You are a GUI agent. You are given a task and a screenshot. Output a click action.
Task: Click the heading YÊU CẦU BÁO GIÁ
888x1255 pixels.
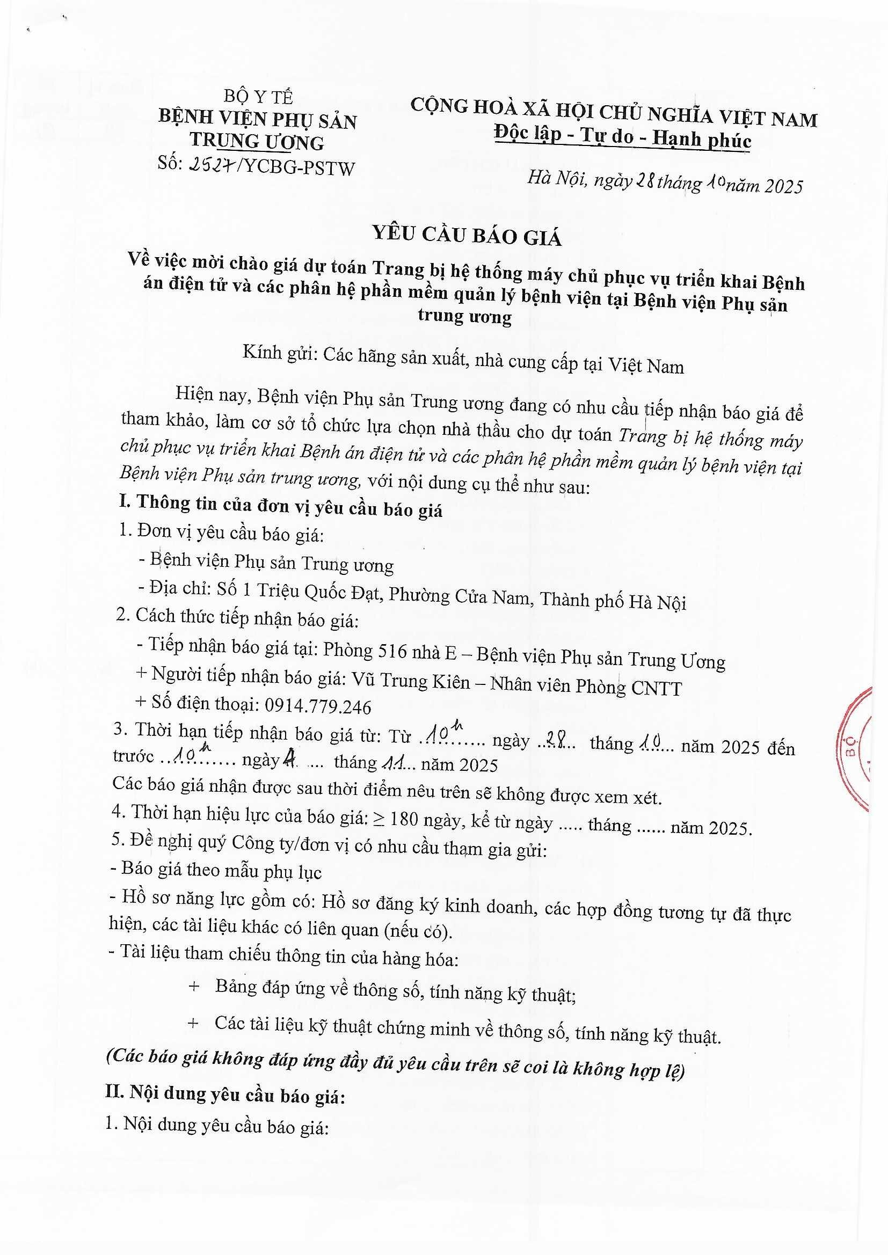coord(467,235)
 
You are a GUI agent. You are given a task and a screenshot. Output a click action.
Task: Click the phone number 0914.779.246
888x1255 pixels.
coord(318,707)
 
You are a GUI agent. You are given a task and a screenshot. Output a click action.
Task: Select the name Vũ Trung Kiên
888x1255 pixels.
coord(411,681)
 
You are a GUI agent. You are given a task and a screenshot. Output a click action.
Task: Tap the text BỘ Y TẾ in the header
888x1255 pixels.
coord(258,97)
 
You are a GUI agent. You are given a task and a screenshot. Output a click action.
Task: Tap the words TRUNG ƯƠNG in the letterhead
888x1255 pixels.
coord(257,141)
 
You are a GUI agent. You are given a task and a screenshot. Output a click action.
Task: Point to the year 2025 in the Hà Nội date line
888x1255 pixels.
coord(783,186)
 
